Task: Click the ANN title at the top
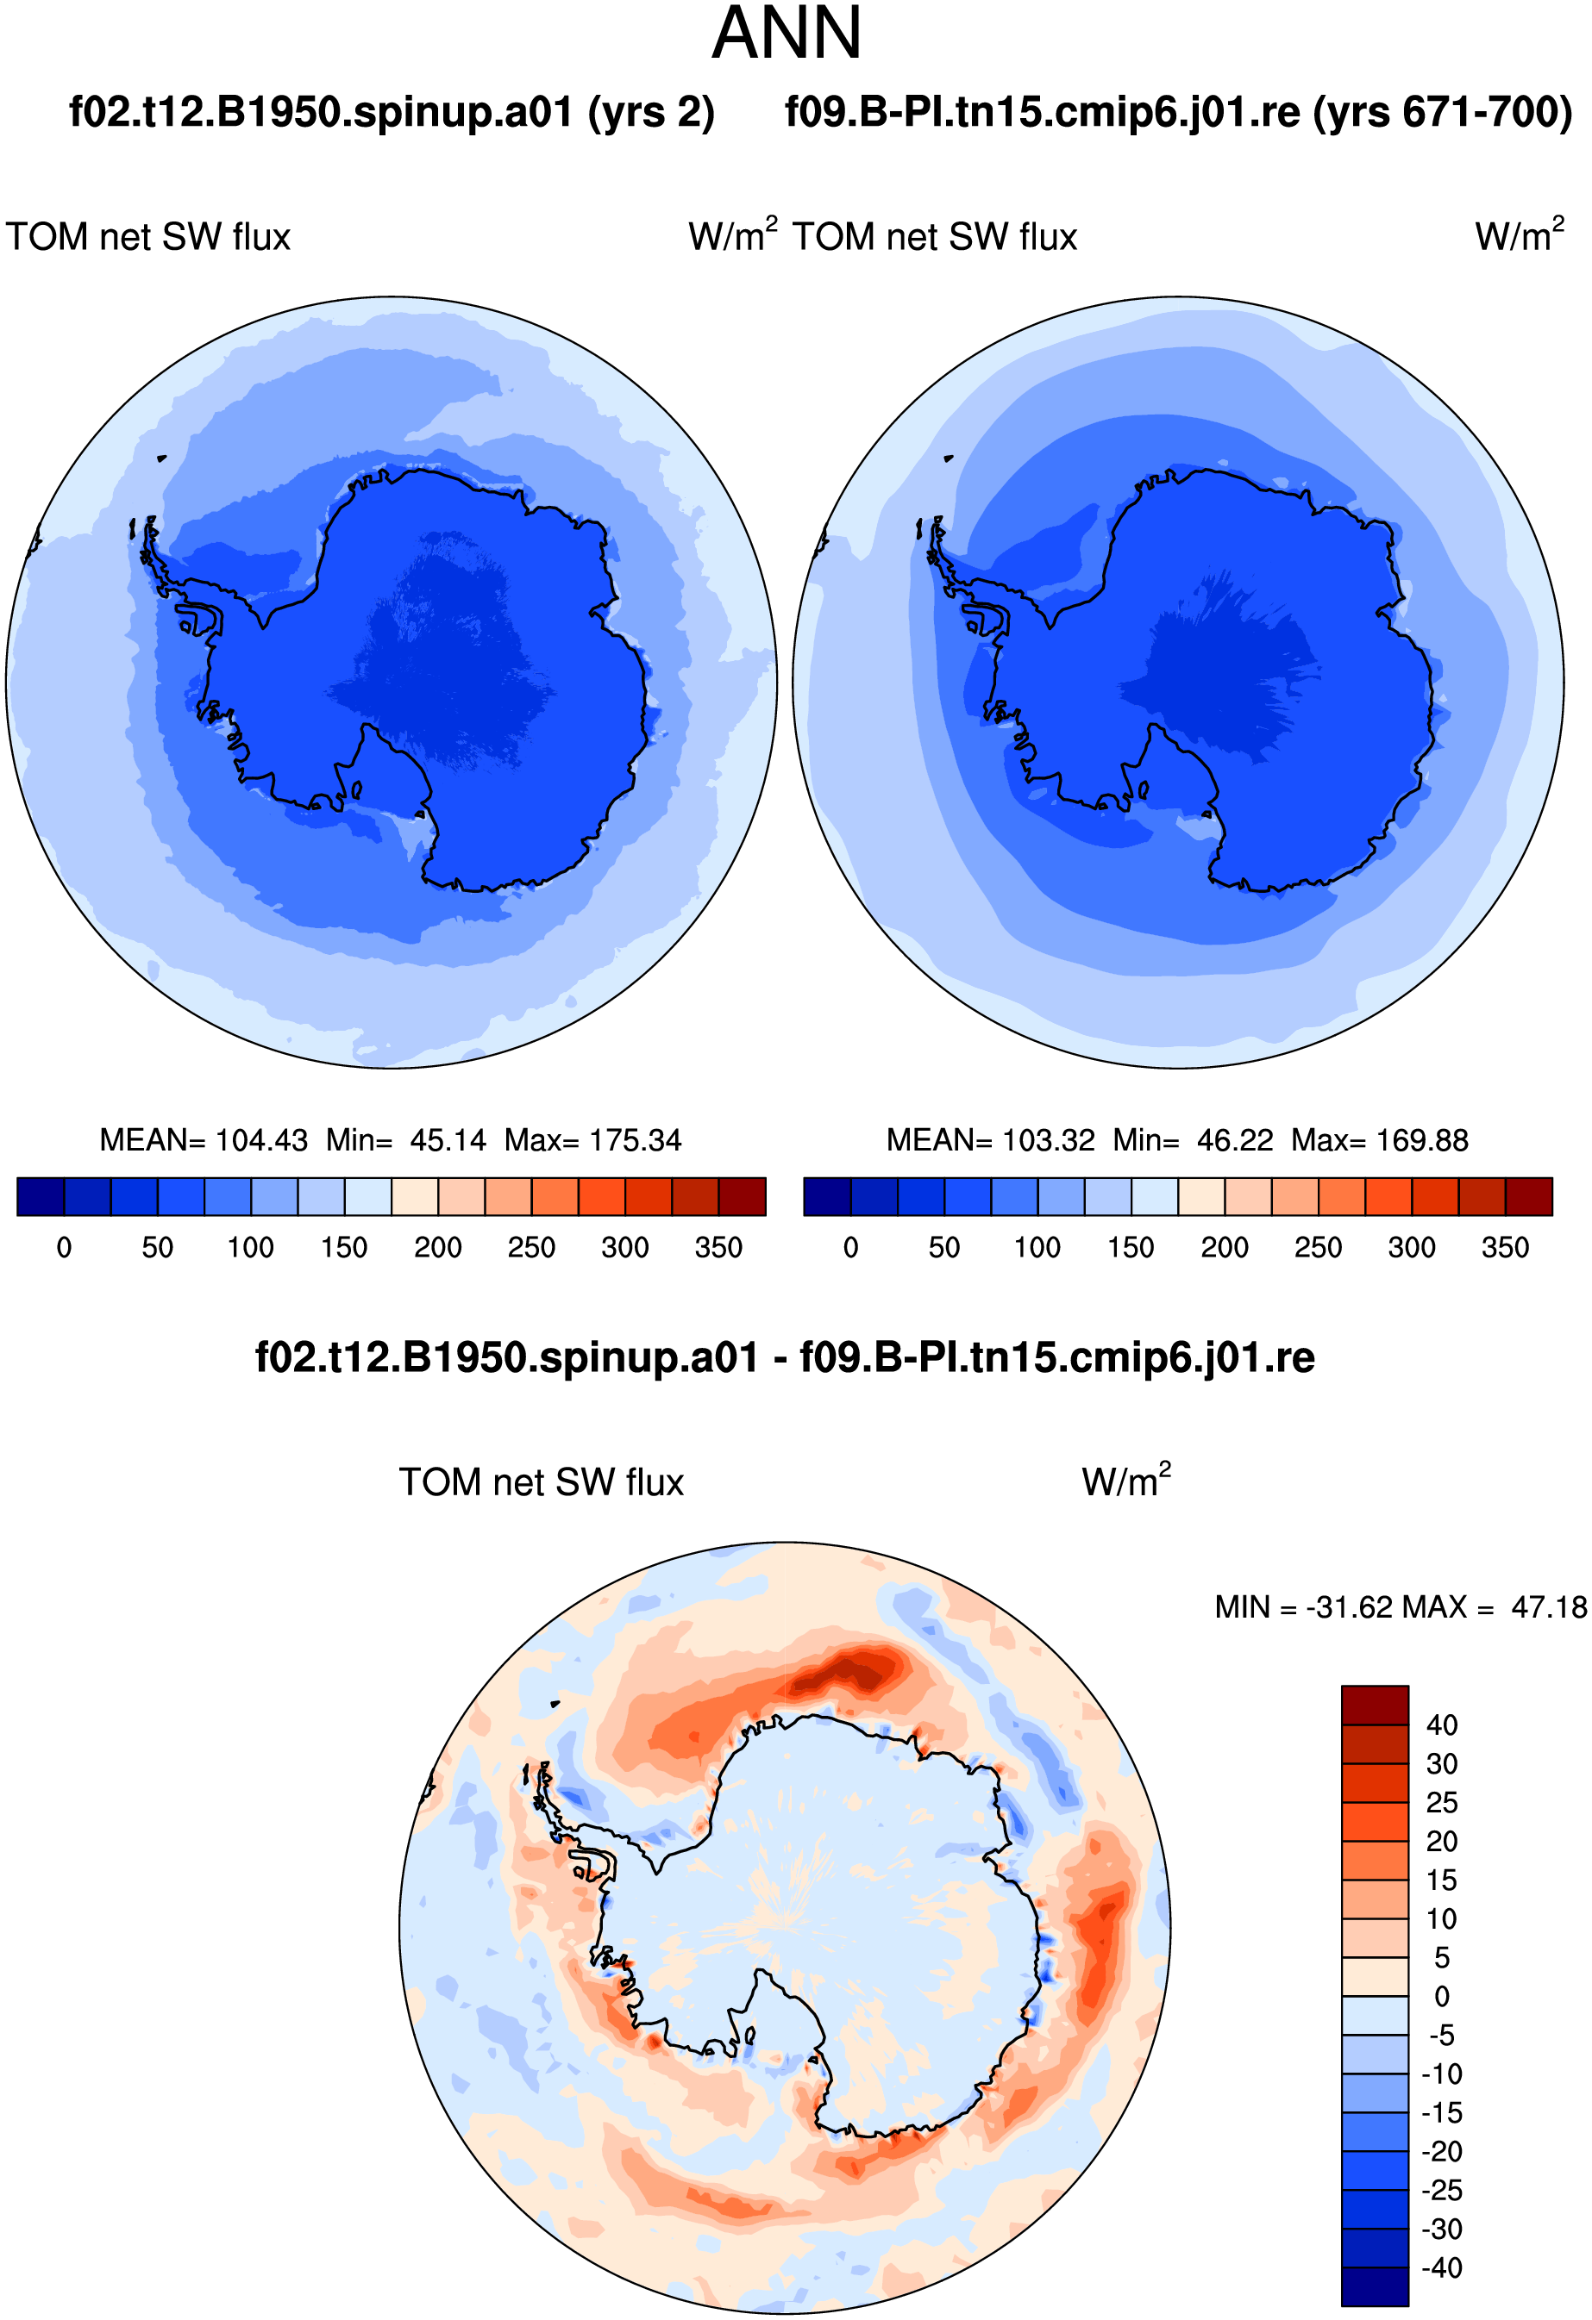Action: [x=787, y=33]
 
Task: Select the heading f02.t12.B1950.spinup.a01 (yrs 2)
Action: [x=392, y=112]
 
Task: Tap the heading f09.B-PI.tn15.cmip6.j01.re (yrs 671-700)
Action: [x=1179, y=112]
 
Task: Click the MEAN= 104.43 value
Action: [x=204, y=1140]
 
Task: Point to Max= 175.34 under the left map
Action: [x=592, y=1140]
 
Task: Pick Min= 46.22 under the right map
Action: [x=1194, y=1140]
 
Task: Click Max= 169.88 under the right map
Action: [x=1379, y=1140]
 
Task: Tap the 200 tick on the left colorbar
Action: [x=437, y=1248]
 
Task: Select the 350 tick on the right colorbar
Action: [x=1505, y=1248]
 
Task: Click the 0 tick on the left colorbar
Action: [x=64, y=1248]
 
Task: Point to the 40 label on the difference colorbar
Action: [x=1441, y=1725]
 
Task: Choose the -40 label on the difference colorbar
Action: [x=1442, y=2267]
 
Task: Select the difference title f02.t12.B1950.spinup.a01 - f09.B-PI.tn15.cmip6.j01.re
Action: [x=785, y=1357]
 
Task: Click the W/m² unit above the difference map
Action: [x=1126, y=1480]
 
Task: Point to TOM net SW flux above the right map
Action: [x=935, y=238]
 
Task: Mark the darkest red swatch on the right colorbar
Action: [x=1529, y=1196]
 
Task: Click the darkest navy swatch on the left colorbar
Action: [x=41, y=1196]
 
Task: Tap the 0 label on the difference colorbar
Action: [x=1441, y=1997]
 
